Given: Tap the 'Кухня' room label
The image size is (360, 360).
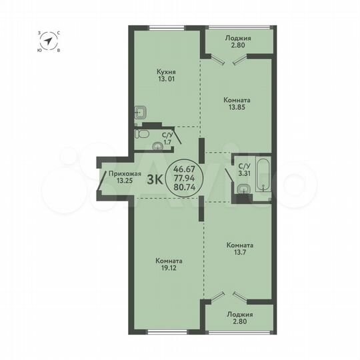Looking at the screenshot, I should point(165,70).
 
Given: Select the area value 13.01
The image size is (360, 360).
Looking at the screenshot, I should point(165,78).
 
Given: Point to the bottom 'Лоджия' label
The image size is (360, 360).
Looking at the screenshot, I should point(239,313).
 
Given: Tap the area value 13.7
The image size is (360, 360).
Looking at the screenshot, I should point(239,253).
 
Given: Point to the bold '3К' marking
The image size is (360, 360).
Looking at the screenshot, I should point(155,179).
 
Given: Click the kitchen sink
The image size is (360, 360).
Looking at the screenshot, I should point(142,113).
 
